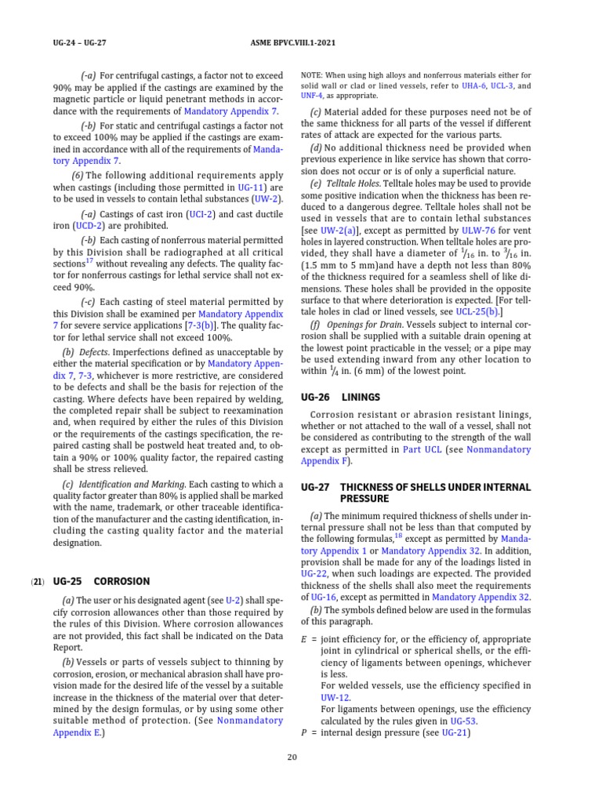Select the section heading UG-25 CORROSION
tap(101, 582)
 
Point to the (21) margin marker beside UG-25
tap(37, 582)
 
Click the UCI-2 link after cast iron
tap(202, 213)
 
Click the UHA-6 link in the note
tap(472, 85)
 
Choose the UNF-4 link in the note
tap(311, 96)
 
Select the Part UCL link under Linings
tap(422, 450)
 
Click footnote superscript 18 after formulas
tap(399, 536)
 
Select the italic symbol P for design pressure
tap(304, 733)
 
